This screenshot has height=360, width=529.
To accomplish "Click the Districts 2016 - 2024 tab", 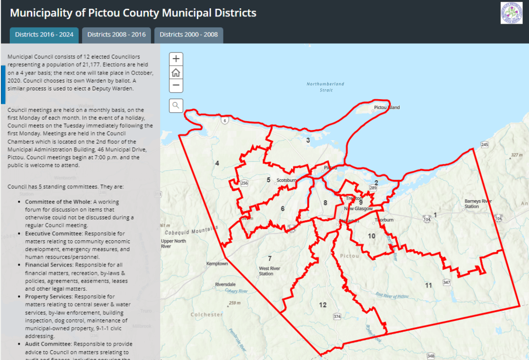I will [x=44, y=35].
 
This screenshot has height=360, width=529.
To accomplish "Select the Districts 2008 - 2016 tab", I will [x=117, y=35].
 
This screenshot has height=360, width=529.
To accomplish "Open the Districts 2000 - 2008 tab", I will [x=188, y=35].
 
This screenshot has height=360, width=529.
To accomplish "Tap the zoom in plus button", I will [x=176, y=59].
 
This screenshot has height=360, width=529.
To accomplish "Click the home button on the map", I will [x=176, y=72].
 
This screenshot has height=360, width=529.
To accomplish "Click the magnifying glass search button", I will [x=176, y=106].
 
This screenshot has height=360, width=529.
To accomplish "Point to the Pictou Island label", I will [x=387, y=107].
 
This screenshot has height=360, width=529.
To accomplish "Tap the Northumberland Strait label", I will [x=326, y=87].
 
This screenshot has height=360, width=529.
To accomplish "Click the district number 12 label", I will [x=323, y=305].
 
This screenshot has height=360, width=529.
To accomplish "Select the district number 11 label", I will [x=428, y=285].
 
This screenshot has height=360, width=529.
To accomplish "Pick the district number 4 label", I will [x=217, y=163].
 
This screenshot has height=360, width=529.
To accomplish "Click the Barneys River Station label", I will [x=479, y=203].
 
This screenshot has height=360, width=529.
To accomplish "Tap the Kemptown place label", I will [x=217, y=263].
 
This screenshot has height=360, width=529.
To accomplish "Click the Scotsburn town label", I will [x=287, y=180].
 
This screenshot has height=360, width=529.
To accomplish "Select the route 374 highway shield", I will [x=337, y=316].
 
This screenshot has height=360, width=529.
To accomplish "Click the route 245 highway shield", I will [x=484, y=145].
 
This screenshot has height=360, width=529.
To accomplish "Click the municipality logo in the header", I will [x=512, y=13].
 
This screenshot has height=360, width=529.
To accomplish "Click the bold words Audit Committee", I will [x=48, y=344].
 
